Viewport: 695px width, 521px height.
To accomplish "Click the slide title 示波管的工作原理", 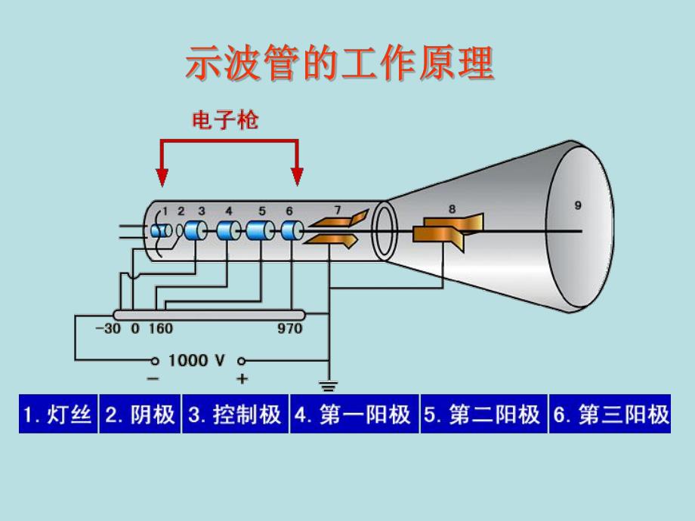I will point(339,64).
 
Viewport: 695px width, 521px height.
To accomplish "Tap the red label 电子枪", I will point(225,120).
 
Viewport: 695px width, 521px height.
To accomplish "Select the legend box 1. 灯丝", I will point(58,414).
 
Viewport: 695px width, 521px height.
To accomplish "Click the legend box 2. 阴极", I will point(140,414).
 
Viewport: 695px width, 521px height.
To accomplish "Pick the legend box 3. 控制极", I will point(234,414).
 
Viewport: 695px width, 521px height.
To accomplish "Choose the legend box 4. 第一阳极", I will point(353,414).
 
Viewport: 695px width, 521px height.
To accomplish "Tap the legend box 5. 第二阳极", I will point(483,414).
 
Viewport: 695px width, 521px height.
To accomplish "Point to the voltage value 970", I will point(289,328).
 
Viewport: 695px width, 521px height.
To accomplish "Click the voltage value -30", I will point(108,328).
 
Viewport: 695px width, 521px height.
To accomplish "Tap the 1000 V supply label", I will point(196,360).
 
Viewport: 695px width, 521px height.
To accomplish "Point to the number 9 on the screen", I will point(578,205).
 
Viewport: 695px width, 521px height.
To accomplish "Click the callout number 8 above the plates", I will point(452,209).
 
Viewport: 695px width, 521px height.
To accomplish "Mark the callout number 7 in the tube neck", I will point(338,209).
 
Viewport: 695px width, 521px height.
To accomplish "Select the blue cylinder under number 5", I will point(260,230).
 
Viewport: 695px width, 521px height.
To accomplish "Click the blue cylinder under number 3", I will point(196,230).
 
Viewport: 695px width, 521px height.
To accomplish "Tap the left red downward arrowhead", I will point(162,177).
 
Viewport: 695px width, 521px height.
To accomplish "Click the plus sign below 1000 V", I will point(242,378).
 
